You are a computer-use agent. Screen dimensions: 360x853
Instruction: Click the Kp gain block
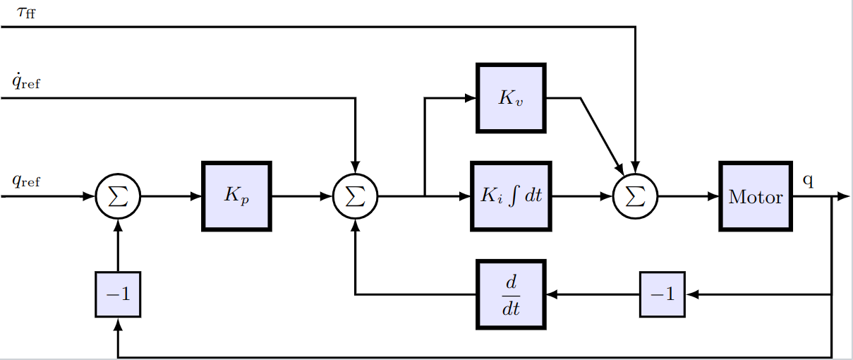coord(236,196)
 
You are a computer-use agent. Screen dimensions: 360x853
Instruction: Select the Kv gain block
coord(511,98)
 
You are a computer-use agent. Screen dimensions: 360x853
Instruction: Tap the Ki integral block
coord(511,196)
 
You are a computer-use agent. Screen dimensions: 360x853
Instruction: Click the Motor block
coord(755,196)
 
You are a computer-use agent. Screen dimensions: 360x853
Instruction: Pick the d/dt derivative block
coord(511,294)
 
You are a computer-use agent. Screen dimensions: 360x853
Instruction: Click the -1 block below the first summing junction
coord(118,294)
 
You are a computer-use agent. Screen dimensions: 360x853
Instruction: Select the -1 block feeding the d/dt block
coord(663,294)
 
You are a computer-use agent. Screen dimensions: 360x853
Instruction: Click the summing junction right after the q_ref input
coord(118,196)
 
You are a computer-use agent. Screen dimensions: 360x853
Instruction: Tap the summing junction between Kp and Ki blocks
coord(356,196)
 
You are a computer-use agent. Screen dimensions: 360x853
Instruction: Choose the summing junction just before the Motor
coord(635,196)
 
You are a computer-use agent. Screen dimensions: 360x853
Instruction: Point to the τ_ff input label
coord(25,12)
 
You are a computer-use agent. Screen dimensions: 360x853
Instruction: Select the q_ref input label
coord(25,181)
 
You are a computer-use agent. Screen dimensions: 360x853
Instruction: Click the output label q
coord(808,181)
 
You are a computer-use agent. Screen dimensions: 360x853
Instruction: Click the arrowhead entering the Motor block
coord(713,196)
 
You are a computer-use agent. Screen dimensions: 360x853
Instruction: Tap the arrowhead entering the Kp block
coord(197,196)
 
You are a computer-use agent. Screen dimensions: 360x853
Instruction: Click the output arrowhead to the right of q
coord(842,196)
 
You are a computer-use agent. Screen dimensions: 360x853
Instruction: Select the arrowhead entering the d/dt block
coord(552,294)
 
